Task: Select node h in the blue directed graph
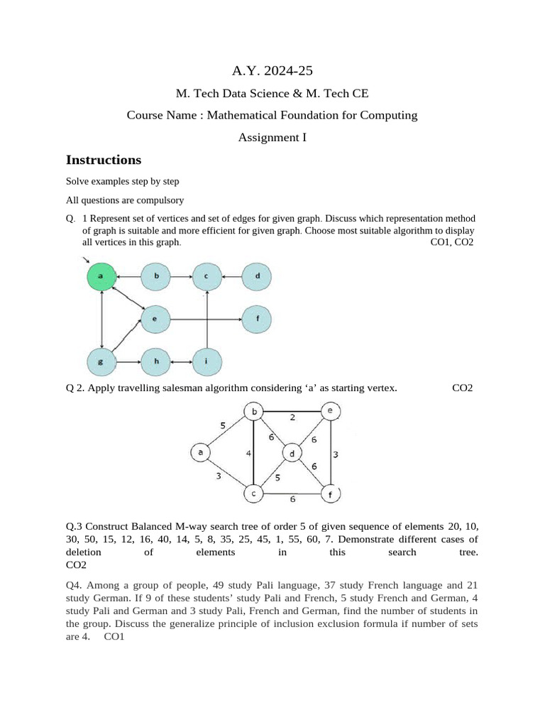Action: [156, 362]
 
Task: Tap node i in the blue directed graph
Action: [207, 362]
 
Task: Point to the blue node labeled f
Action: [257, 319]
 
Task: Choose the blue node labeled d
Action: [257, 275]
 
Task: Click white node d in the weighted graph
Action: [292, 453]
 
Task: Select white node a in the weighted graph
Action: [201, 452]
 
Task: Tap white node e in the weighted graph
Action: [329, 411]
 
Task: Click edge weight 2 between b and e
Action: [293, 418]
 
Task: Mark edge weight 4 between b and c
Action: [248, 452]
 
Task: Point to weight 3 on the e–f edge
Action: [336, 454]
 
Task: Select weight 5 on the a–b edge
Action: [222, 426]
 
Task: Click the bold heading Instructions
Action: [104, 160]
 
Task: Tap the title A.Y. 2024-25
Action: [272, 70]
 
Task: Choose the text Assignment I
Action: [272, 138]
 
